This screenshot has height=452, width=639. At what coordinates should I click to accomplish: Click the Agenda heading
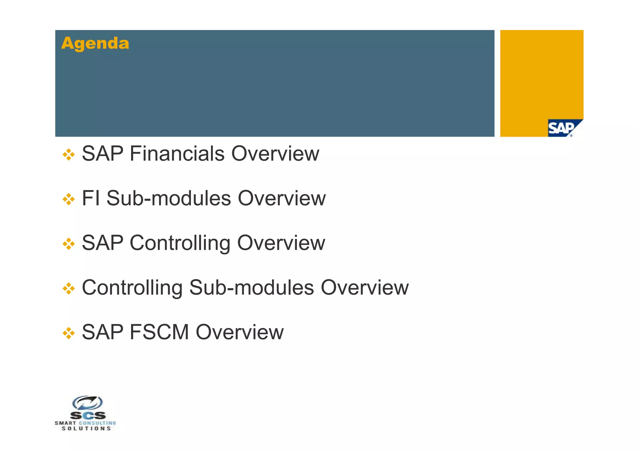click(x=95, y=43)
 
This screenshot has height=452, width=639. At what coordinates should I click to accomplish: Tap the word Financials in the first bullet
click(x=177, y=154)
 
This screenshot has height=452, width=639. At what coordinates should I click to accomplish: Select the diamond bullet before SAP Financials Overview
click(x=69, y=155)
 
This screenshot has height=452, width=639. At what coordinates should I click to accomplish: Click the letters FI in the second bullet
click(x=91, y=198)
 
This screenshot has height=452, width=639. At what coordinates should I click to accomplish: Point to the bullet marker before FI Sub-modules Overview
click(x=69, y=199)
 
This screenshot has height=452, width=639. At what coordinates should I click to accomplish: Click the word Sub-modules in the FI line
click(x=168, y=198)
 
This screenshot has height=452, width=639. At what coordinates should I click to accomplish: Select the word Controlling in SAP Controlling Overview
click(x=180, y=243)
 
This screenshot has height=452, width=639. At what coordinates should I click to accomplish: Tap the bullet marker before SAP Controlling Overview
click(x=69, y=244)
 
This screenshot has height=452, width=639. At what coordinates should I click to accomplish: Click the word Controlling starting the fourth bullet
click(x=132, y=287)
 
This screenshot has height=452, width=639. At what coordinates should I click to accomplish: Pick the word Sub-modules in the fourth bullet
click(x=251, y=287)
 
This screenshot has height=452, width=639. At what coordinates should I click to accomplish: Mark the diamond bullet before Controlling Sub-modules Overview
click(x=69, y=288)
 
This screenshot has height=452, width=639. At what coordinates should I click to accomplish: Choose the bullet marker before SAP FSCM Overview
click(x=69, y=333)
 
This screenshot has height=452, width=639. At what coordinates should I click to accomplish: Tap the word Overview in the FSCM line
click(x=240, y=332)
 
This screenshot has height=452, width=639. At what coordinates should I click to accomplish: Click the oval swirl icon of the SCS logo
click(x=88, y=403)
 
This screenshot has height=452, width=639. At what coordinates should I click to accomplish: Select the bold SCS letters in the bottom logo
click(x=88, y=415)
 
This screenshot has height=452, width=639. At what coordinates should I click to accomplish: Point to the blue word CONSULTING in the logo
click(x=97, y=423)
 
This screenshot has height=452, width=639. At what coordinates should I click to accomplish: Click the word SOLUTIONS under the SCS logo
click(x=86, y=429)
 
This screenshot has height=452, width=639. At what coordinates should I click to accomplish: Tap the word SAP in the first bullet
click(x=103, y=154)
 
